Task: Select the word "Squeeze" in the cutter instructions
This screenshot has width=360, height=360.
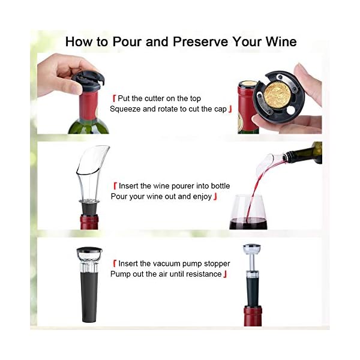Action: tap(127, 109)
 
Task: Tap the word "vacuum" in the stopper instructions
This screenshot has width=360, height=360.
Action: tap(169, 263)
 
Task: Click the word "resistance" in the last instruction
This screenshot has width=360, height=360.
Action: tap(201, 274)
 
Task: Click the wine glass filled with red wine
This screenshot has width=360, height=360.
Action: tap(248, 214)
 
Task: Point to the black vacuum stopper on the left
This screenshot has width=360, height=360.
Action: tap(89, 282)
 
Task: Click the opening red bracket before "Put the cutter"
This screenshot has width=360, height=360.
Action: tap(114, 98)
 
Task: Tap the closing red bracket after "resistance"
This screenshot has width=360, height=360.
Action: tap(225, 274)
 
